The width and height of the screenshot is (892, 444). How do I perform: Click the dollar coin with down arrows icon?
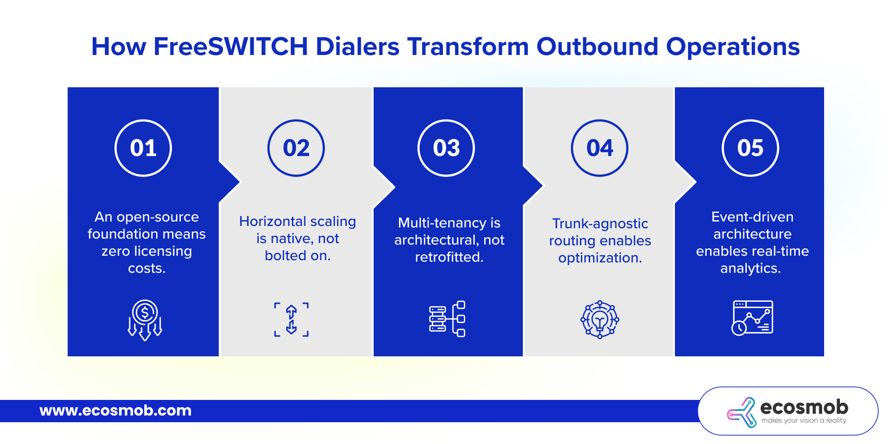tap(145, 320)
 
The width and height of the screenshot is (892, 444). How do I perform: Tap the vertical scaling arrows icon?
tap(291, 320)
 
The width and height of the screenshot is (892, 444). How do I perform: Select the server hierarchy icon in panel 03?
tap(447, 319)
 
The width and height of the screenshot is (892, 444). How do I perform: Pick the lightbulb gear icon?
tap(600, 319)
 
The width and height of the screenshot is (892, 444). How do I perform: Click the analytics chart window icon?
tap(752, 318)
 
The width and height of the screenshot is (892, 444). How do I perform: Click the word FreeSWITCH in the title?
tap(231, 47)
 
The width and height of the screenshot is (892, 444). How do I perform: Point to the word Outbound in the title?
tap(597, 47)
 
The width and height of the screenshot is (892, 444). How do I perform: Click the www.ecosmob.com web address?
tap(115, 410)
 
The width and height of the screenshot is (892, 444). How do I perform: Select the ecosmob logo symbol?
tap(742, 412)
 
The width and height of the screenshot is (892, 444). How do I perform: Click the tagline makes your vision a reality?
tap(804, 420)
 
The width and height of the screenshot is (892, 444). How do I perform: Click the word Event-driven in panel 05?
tap(752, 217)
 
